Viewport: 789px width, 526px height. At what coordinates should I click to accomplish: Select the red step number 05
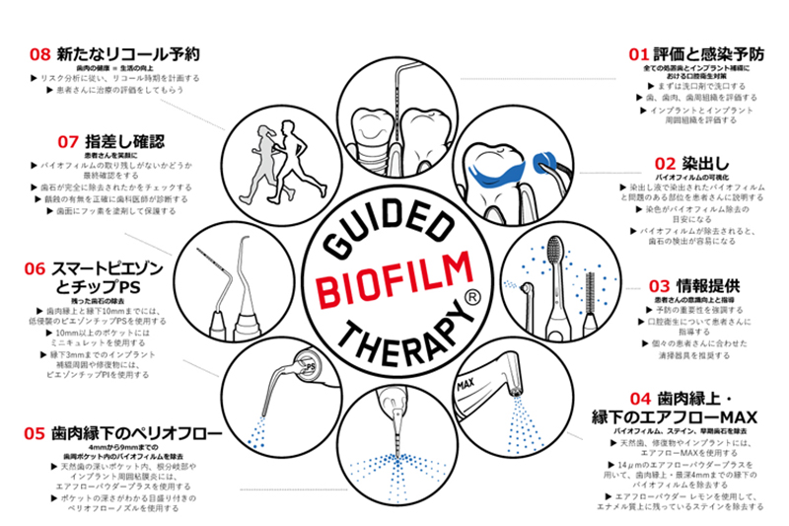click(x=34, y=430)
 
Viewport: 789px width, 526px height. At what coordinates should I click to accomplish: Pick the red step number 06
click(x=34, y=267)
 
